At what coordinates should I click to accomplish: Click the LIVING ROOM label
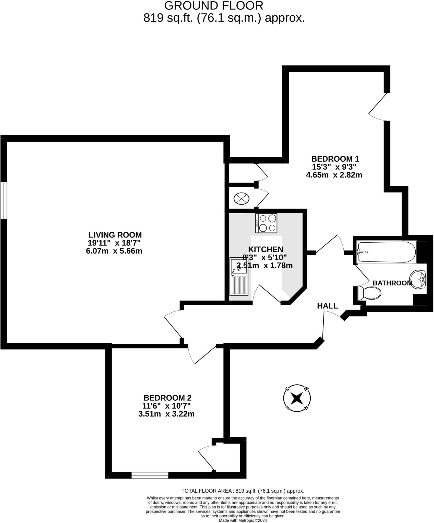115,235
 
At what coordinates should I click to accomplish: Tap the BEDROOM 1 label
335,159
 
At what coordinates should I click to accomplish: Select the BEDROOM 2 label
167,398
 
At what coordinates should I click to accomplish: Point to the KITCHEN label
266,249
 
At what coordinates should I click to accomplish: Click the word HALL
328,306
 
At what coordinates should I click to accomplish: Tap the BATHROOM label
393,283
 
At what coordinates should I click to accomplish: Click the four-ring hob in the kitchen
266,223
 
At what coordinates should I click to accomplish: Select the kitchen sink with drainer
239,277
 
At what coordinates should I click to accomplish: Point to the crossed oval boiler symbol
241,198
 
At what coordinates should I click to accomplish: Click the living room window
4,200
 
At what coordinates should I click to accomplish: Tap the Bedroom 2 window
150,475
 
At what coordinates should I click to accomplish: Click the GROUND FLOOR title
214,6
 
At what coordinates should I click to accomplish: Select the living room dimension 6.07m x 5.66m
114,251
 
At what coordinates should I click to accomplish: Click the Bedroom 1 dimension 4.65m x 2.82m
334,175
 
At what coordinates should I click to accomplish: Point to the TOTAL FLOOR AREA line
243,491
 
